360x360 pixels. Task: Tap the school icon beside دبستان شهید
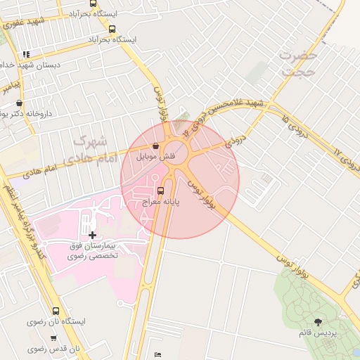(26, 53)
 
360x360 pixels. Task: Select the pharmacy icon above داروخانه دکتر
(19, 103)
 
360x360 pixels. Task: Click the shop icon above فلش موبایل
(155, 146)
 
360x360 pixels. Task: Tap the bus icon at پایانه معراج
(161, 190)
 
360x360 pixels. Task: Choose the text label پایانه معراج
(162, 201)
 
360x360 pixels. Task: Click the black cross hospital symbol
(93, 233)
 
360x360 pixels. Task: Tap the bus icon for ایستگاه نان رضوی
(56, 311)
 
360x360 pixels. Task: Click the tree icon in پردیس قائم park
(319, 321)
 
